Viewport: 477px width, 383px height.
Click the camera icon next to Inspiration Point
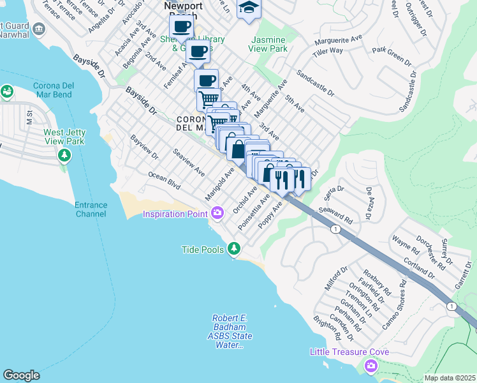point(217,213)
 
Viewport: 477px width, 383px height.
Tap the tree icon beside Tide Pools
point(235,248)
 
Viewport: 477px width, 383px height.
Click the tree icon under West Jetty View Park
point(64,155)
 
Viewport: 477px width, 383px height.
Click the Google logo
point(21,375)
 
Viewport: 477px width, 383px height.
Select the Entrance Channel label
point(92,209)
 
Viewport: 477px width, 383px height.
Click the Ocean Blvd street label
point(165,181)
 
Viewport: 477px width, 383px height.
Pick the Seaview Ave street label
point(189,163)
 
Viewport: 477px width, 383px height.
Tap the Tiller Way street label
point(328,52)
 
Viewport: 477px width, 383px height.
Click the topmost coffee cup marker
point(182,27)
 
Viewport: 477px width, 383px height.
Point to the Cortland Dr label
point(419,268)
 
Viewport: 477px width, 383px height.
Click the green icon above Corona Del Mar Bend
point(8,92)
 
